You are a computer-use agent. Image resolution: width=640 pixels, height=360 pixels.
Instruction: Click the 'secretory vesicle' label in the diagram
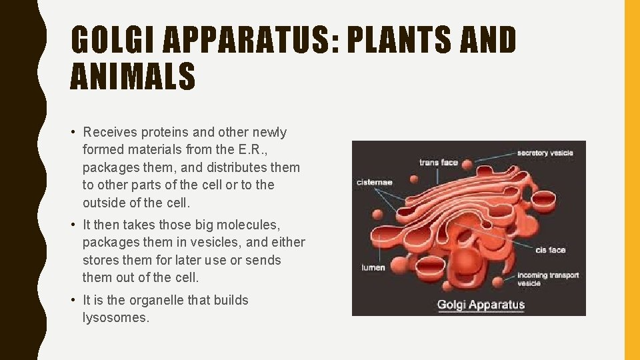pos(545,153)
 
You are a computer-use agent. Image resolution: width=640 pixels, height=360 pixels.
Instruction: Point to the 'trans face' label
pos(439,163)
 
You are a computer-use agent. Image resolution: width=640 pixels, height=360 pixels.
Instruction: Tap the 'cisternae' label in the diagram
pos(375,182)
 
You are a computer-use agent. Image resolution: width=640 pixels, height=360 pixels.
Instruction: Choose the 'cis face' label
pos(551,250)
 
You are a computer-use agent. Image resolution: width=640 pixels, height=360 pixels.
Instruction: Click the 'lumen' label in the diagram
pos(373,267)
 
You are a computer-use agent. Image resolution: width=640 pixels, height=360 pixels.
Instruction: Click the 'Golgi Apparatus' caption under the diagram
pos(481,305)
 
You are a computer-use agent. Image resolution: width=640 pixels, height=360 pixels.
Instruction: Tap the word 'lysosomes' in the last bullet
pos(116,317)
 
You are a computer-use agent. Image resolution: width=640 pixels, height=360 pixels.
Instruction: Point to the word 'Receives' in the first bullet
pos(108,132)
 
